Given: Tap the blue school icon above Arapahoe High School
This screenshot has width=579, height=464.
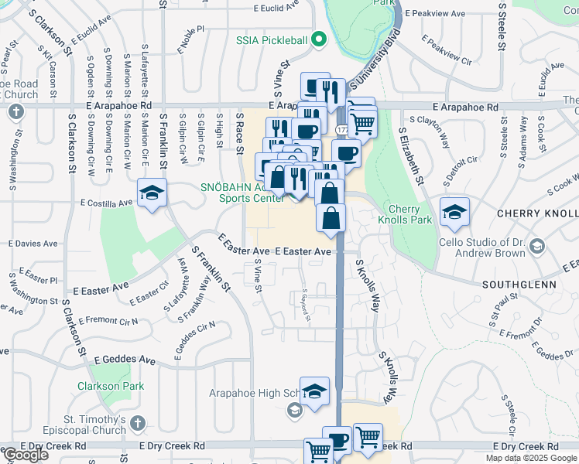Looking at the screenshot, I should [314, 392].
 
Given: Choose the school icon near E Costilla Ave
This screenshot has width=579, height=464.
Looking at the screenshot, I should [152, 193].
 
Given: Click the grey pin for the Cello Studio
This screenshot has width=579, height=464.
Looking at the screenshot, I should [539, 246].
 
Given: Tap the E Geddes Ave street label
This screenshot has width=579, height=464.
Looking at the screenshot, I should [125, 360].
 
